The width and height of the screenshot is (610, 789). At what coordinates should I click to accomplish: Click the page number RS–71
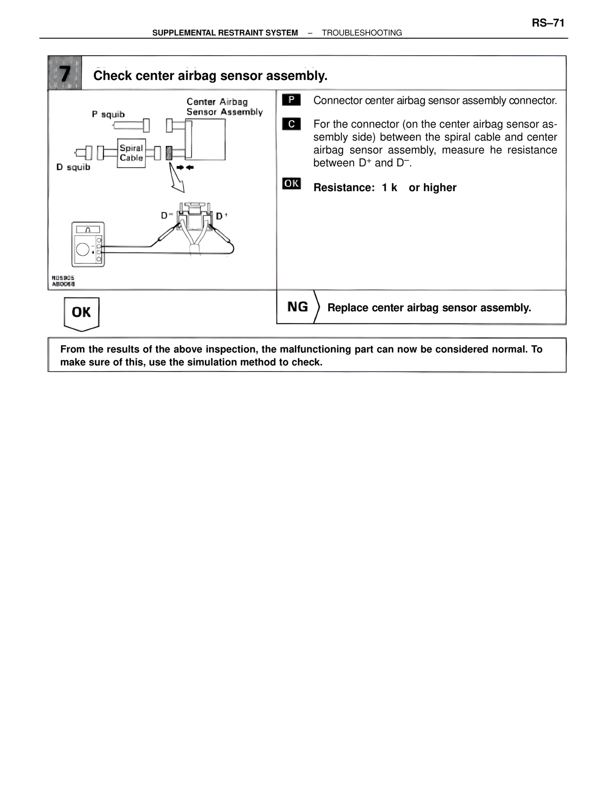pos(548,23)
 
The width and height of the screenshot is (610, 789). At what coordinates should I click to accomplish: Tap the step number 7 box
pos(65,73)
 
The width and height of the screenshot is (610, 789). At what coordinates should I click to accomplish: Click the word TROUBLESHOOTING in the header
pos(362,33)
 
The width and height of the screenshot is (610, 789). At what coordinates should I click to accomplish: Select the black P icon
pos(291,100)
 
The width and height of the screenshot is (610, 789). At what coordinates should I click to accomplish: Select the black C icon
pos(291,124)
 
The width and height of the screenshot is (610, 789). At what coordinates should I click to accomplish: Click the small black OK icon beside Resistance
pos(291,183)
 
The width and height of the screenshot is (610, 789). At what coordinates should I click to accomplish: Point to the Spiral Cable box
pos(131,153)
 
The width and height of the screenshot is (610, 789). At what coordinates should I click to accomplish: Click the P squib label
pos(108,114)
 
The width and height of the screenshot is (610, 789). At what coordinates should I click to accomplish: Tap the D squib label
pos(73,167)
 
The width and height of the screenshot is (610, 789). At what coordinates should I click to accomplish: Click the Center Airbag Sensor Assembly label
pos(224,107)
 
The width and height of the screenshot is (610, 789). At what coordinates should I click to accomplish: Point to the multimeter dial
pos(83,250)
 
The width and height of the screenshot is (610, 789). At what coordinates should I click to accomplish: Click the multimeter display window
pos(88,229)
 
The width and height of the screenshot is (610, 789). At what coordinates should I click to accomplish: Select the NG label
pos(297,307)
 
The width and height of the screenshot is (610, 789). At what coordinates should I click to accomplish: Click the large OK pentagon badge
pos(81,313)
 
